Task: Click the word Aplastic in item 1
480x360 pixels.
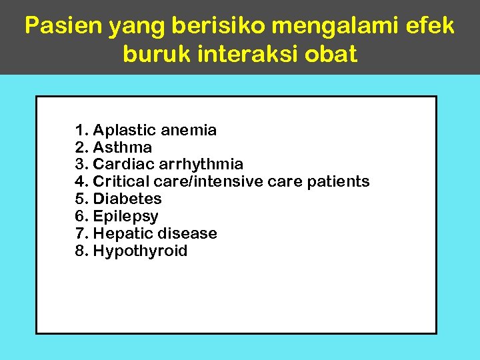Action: pos(123,130)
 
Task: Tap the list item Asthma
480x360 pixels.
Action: pos(123,147)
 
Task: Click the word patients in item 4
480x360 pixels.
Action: pos(339,181)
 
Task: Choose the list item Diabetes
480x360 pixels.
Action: pos(127,199)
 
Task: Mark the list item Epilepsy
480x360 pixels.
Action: pos(126,217)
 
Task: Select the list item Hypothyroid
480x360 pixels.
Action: pos(140,251)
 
